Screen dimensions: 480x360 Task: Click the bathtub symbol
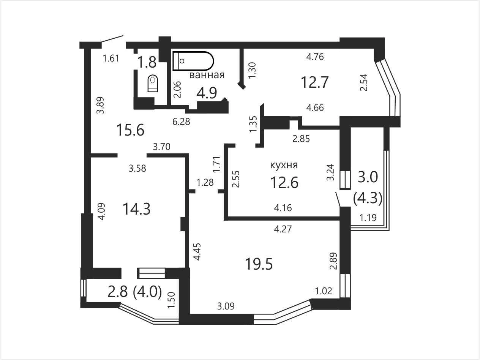tap(193, 61)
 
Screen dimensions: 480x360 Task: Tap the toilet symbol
tap(153, 84)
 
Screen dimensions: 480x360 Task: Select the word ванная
tap(207, 75)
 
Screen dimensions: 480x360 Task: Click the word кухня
tap(284, 166)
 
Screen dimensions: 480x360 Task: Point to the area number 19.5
tap(259, 264)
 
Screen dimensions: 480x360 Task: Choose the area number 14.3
tap(137, 209)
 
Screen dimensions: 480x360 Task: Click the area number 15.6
tap(130, 129)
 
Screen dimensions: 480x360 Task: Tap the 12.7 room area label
tap(315, 82)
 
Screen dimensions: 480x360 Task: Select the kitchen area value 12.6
tap(284, 182)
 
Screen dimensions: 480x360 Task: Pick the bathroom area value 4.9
tap(207, 93)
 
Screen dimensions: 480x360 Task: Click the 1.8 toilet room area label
tap(147, 62)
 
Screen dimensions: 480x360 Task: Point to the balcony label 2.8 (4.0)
tap(135, 292)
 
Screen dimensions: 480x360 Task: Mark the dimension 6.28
tap(181, 122)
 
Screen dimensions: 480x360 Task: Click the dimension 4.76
tap(315, 57)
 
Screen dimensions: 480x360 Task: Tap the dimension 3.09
tap(226, 306)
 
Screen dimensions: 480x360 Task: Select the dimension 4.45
tap(197, 252)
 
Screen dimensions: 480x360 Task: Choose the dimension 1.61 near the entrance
tap(111, 58)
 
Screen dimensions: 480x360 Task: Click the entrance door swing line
tap(112, 39)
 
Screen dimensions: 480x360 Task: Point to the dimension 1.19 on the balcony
tap(368, 218)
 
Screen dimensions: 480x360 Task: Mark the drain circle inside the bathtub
tap(182, 61)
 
